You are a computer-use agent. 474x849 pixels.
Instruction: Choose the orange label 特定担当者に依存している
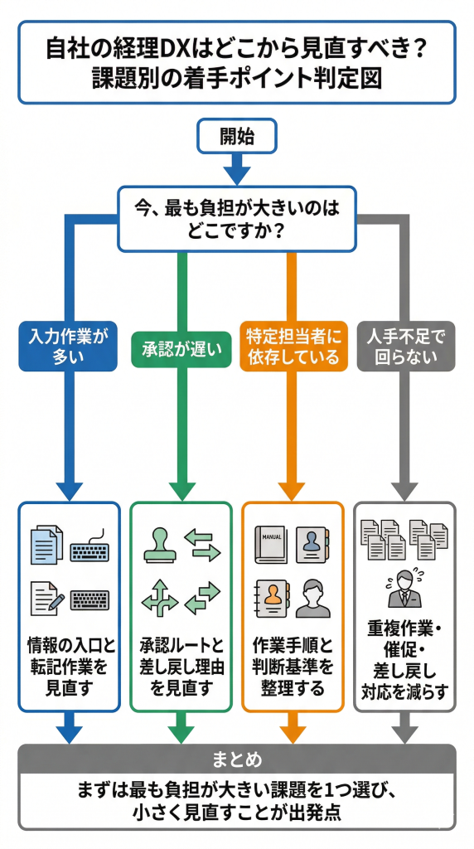(x=293, y=347)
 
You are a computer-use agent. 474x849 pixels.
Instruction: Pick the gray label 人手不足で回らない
(x=404, y=347)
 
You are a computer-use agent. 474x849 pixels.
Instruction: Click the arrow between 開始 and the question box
(x=236, y=170)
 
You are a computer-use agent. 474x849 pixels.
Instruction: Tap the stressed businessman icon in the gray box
(x=404, y=589)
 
